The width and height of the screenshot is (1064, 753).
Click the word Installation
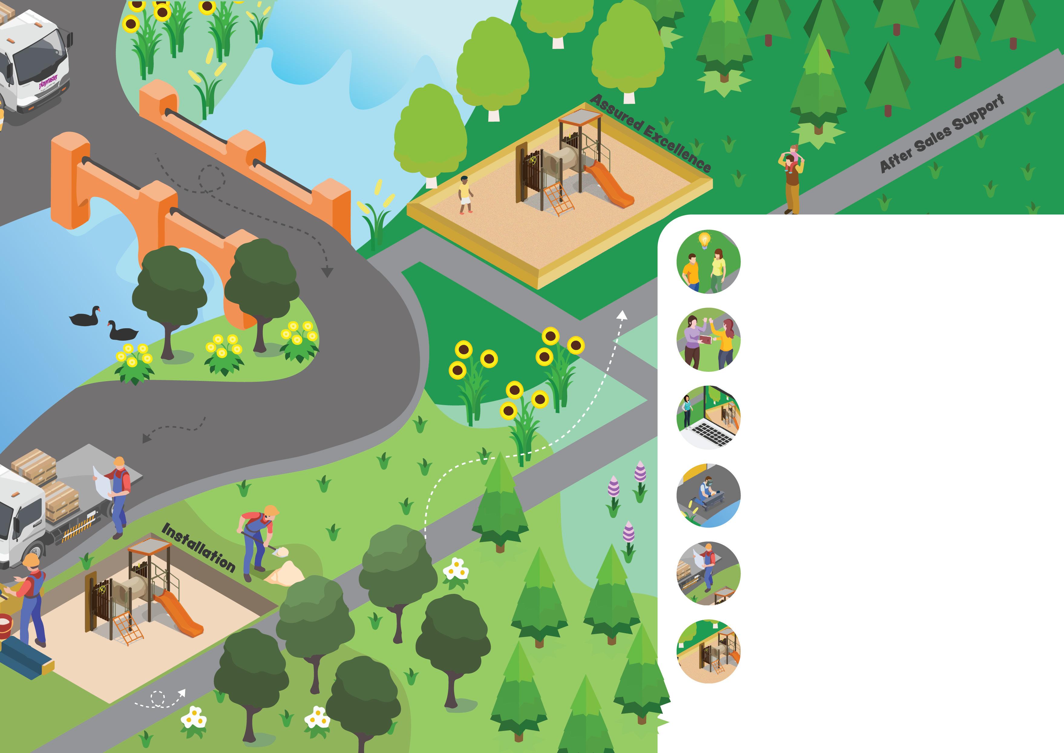point(198,548)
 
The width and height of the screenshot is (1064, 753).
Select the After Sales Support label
point(942,133)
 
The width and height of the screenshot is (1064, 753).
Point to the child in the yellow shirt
point(465,195)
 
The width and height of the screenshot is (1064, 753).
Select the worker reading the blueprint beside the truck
point(118,496)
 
